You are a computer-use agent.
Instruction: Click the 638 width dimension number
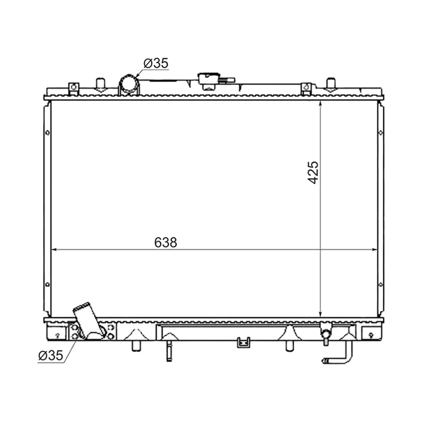(165, 242)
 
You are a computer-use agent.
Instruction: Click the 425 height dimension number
(313, 173)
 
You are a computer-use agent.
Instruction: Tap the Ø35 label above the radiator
(156, 63)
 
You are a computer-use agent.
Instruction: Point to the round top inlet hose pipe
(129, 85)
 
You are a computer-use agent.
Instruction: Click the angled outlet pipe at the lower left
(89, 320)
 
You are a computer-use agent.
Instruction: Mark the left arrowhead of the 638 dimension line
(54, 249)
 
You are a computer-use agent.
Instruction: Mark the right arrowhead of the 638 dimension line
(375, 249)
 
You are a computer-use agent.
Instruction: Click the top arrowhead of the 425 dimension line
(320, 104)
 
